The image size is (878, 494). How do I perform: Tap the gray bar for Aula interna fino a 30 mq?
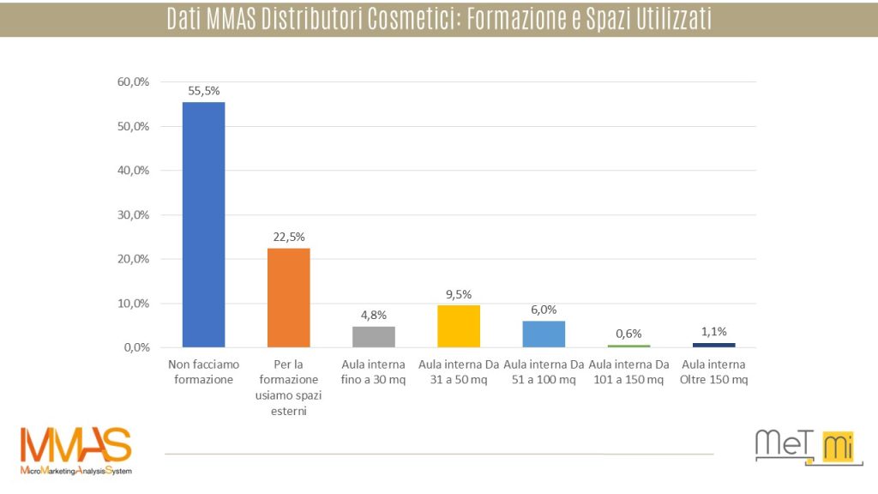tap(374, 336)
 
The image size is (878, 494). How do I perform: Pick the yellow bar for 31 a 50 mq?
tap(459, 326)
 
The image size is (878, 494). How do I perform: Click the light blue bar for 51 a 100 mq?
tap(544, 334)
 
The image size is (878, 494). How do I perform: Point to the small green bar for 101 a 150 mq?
tap(628, 346)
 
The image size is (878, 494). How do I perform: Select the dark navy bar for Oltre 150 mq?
tap(713, 345)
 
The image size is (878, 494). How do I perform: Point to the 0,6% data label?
tap(628, 334)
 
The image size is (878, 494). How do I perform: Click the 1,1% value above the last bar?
tap(713, 331)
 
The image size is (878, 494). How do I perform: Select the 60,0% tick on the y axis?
tap(134, 82)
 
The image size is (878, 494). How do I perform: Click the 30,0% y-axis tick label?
tap(134, 215)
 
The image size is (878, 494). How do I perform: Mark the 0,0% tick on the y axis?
tap(136, 348)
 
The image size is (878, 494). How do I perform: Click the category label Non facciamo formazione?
tap(203, 371)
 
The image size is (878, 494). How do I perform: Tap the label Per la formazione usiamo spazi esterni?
tap(289, 387)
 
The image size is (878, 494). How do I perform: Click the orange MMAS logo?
tap(76, 450)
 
